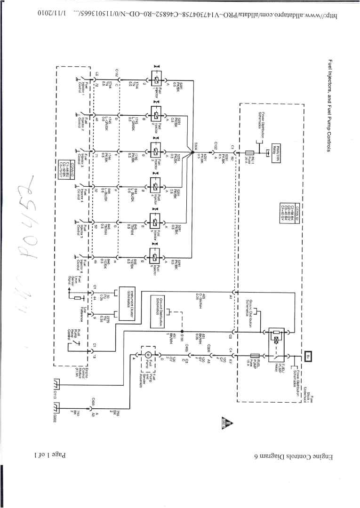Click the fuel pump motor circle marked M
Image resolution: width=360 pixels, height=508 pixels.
(147, 354)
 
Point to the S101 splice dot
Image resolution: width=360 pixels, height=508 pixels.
(183, 331)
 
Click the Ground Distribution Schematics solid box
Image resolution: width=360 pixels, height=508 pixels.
(158, 312)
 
